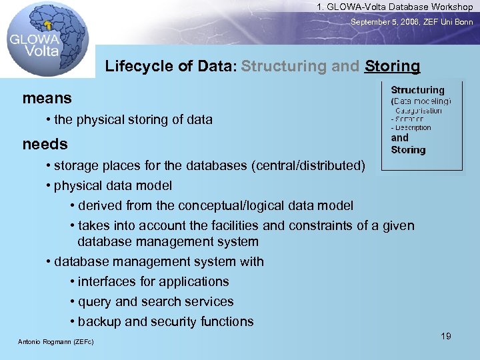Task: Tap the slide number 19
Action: [x=446, y=336]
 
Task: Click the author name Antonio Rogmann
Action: [x=56, y=342]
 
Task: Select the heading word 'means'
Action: [x=47, y=98]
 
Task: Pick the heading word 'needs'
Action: [x=45, y=144]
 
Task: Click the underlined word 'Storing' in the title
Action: [x=393, y=67]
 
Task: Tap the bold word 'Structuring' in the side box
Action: [x=417, y=90]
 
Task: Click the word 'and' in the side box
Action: [x=399, y=138]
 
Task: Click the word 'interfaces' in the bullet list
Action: [x=107, y=281]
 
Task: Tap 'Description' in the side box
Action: [x=413, y=127]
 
